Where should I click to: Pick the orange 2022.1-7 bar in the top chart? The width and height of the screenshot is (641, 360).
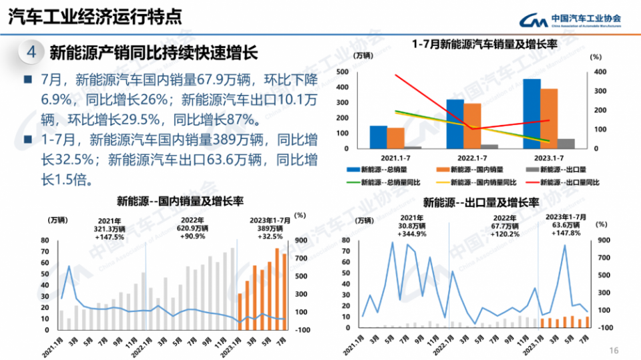click(472, 126)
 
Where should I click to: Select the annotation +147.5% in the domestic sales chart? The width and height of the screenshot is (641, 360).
click(110, 236)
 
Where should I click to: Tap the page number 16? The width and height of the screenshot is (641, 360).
click(614, 350)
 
